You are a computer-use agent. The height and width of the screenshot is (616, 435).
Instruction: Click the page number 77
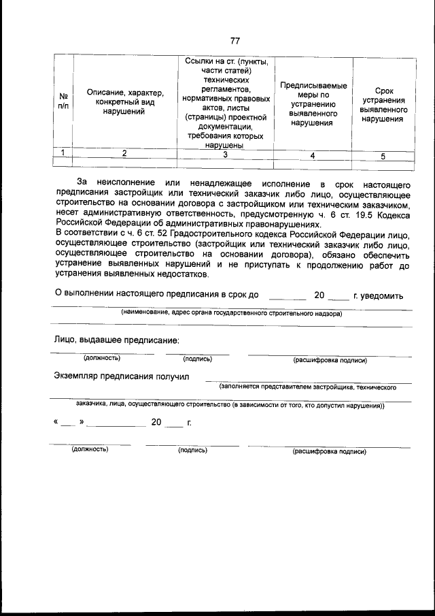click(234, 40)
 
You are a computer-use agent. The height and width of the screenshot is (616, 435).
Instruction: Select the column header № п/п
click(63, 101)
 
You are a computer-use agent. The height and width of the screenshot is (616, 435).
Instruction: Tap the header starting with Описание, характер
click(124, 101)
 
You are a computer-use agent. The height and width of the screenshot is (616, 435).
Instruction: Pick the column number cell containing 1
click(63, 153)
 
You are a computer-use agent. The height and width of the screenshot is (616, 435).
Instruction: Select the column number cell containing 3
click(224, 155)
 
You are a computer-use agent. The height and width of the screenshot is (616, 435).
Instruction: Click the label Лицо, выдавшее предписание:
click(116, 340)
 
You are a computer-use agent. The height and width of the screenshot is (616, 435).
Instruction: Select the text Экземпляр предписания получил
click(122, 376)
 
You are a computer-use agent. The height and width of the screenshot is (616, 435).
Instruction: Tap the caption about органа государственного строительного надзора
click(231, 313)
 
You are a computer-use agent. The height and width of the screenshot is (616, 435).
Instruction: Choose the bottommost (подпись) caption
click(192, 451)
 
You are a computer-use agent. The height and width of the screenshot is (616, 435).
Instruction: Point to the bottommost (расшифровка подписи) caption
click(329, 451)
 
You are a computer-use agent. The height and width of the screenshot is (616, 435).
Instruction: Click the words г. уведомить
click(379, 296)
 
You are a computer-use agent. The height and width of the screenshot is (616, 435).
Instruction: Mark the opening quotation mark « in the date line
click(54, 422)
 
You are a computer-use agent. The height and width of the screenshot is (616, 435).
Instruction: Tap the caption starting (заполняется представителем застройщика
click(308, 387)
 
